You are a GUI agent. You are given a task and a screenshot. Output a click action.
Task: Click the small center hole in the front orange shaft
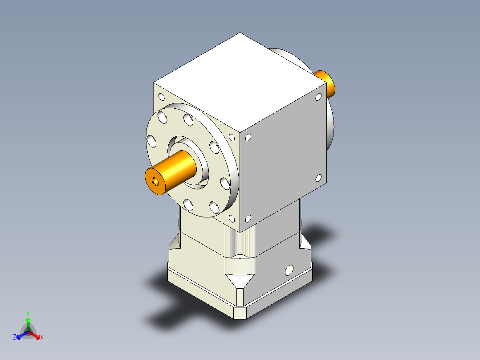tap(155, 182)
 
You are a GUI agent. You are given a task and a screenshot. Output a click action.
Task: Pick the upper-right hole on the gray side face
tap(318, 96)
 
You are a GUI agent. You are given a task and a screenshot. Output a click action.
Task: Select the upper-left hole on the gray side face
tap(248, 138)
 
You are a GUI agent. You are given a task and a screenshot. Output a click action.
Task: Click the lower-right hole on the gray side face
tap(318, 178)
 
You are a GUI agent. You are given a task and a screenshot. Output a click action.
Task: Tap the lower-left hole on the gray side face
tap(248, 219)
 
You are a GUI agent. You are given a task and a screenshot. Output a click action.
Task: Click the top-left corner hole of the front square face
tap(161, 97)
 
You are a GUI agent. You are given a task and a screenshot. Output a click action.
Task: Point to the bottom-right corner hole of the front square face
tap(232, 219)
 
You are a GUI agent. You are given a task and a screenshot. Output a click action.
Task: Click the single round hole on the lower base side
tap(289, 270)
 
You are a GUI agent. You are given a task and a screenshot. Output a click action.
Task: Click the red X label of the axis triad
tap(42, 338)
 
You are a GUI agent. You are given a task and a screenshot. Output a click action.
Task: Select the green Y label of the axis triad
tap(28, 313)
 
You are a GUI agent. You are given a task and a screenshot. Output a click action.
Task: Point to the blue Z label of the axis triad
tap(15, 338)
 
